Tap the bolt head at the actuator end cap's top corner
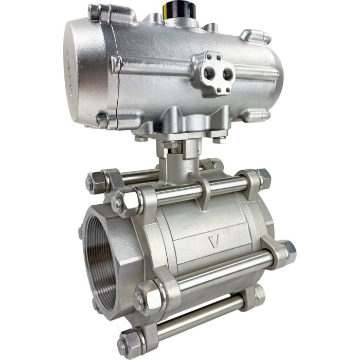click(94, 11)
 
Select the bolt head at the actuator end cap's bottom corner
click(103, 121)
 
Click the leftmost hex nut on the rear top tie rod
click(97, 181)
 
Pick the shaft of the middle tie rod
click(221, 273)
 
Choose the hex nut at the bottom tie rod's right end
click(253, 296)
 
